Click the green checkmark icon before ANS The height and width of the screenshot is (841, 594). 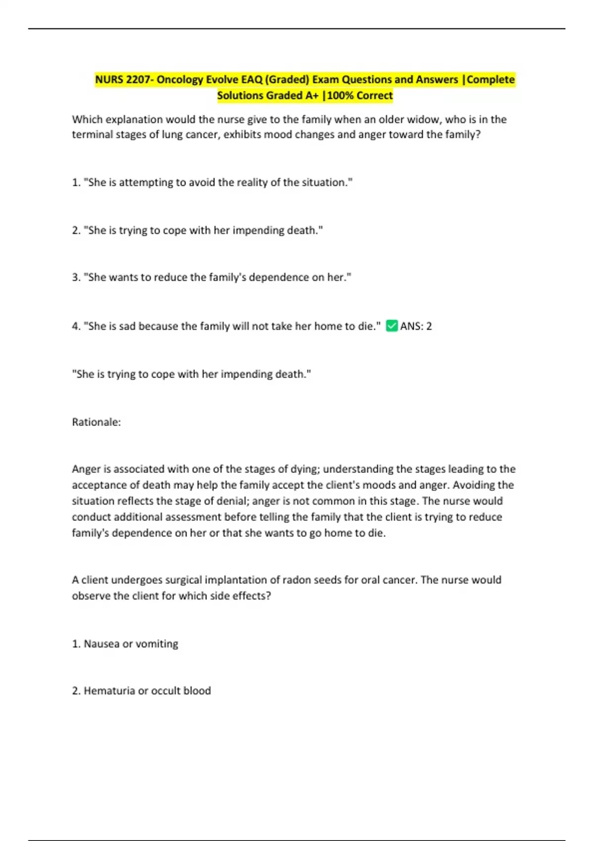(x=392, y=326)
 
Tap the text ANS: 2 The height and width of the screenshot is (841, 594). (x=416, y=326)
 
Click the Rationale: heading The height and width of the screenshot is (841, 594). (x=97, y=422)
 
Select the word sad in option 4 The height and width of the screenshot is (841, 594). (x=128, y=326)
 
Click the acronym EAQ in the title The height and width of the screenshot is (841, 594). (x=252, y=80)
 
